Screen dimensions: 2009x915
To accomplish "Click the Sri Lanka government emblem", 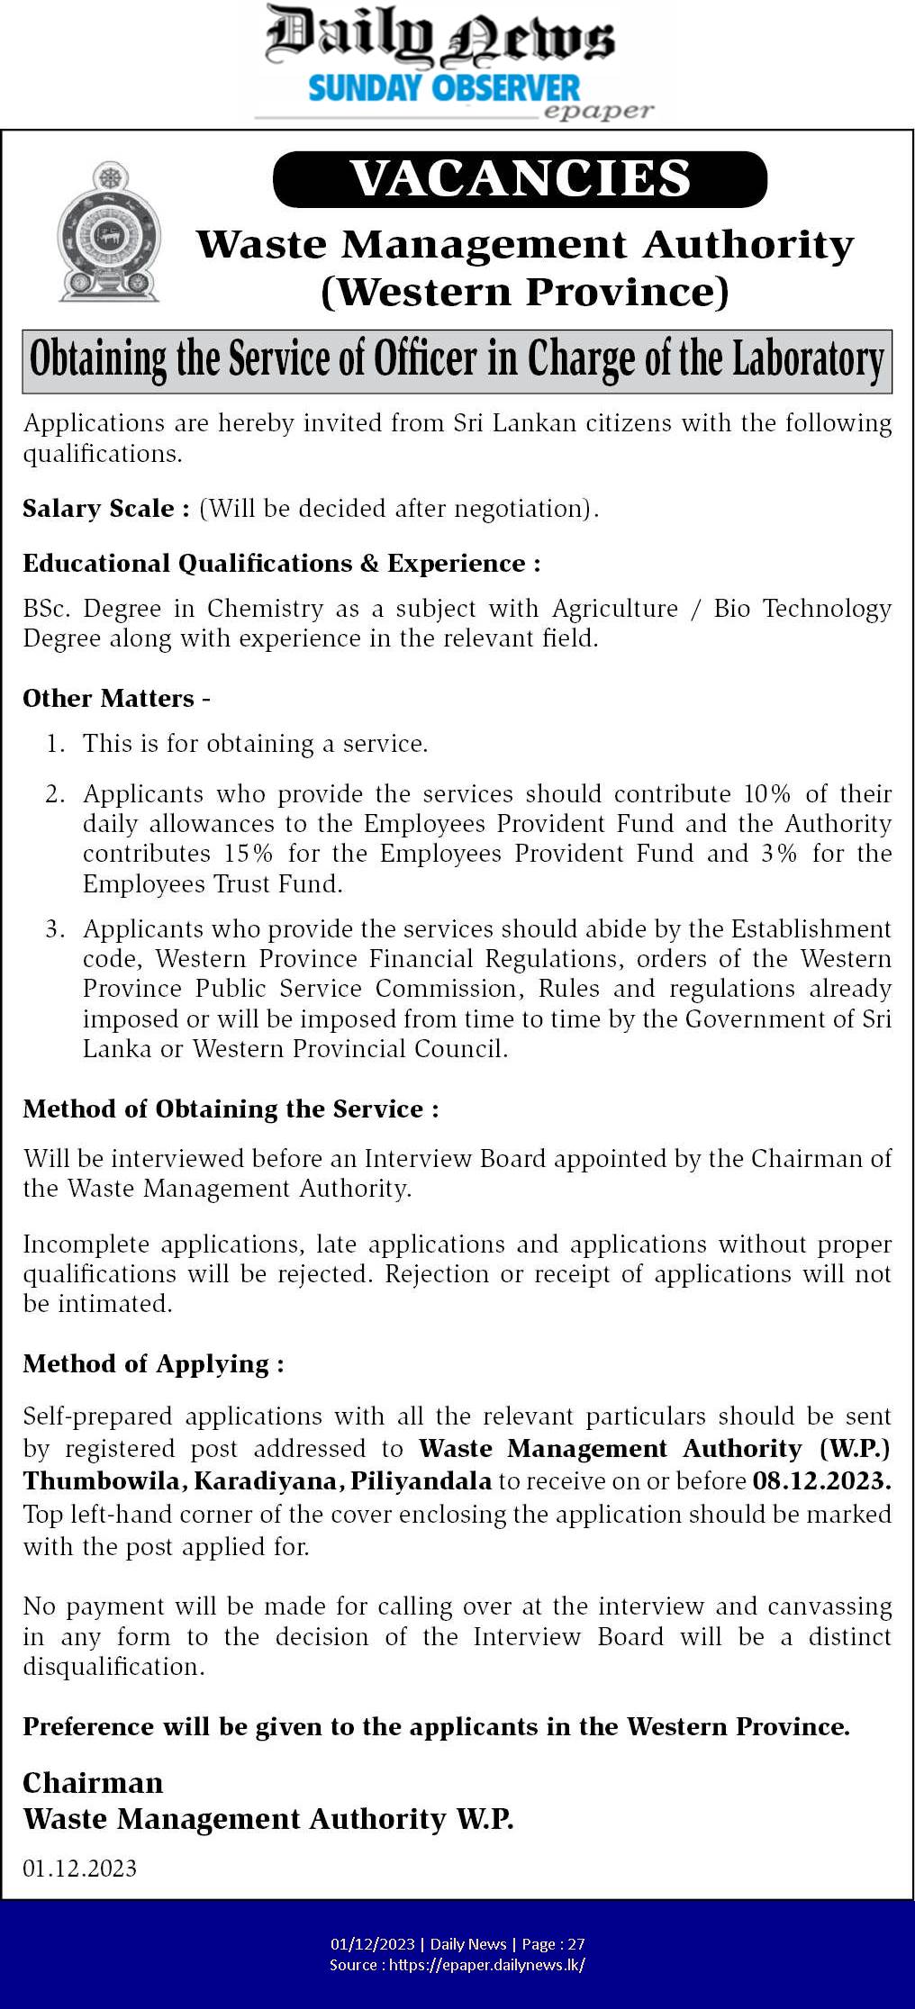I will click(x=109, y=231).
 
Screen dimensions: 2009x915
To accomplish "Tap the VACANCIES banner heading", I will click(x=521, y=178).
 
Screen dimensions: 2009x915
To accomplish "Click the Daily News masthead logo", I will click(x=439, y=41).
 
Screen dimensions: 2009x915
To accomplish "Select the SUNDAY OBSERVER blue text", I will click(x=444, y=89).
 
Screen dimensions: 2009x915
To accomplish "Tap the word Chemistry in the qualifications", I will click(x=265, y=609).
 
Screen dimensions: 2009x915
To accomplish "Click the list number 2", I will click(x=56, y=794).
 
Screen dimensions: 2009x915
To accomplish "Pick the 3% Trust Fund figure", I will click(x=779, y=854).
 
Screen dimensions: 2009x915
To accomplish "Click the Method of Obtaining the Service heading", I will click(x=231, y=1109).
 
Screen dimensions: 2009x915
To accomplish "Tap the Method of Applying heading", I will click(x=153, y=1364).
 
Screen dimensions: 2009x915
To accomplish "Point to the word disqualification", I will click(x=113, y=1667).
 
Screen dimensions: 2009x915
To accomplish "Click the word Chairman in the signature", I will click(x=93, y=1783).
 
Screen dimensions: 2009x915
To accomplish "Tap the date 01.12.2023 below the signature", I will click(x=80, y=1869).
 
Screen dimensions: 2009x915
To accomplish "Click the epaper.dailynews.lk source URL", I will click(x=486, y=1965).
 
